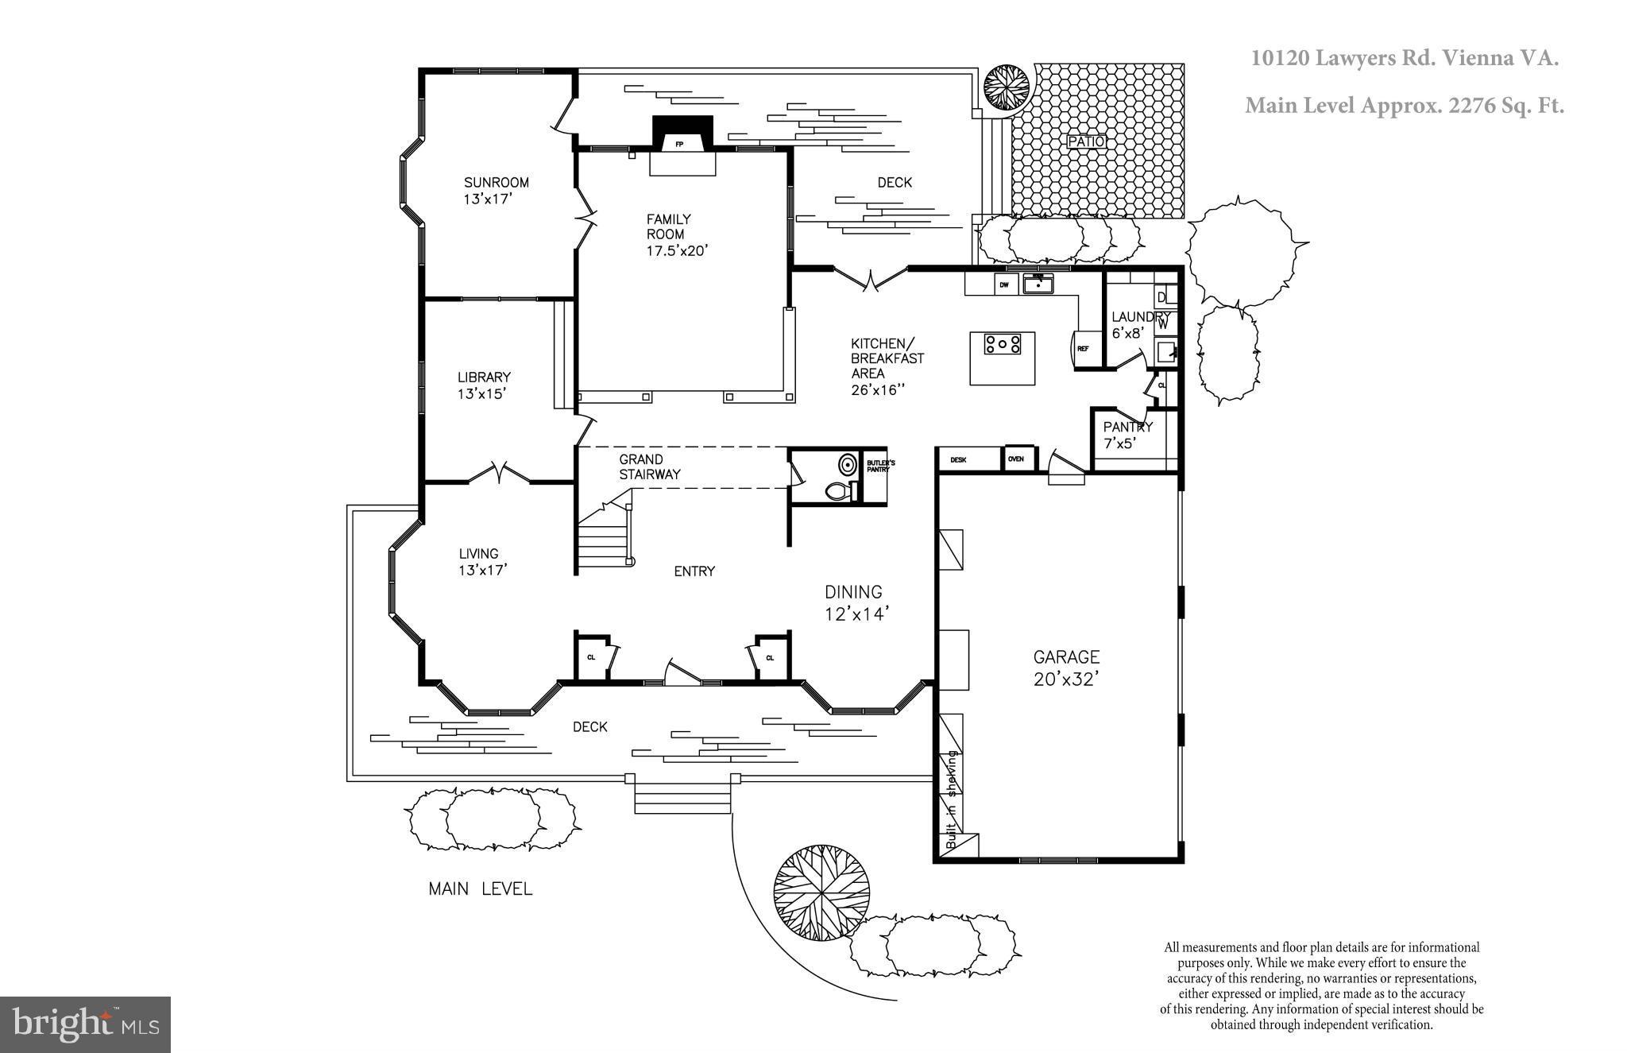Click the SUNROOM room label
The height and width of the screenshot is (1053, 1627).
[x=496, y=190]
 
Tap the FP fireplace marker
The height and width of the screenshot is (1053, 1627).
[x=678, y=145]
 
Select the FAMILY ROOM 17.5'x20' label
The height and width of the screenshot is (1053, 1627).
[x=675, y=234]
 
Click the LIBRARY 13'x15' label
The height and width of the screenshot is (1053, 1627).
[x=483, y=385]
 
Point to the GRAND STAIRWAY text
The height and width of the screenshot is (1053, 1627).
[x=649, y=466]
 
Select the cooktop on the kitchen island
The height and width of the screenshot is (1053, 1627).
[x=1002, y=344]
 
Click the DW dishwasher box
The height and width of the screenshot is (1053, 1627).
[x=1004, y=284]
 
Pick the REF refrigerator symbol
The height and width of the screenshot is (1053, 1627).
[x=1082, y=348]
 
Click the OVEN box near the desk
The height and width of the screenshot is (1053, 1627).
[x=1016, y=459]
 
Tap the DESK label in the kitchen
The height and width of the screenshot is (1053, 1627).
[x=958, y=459]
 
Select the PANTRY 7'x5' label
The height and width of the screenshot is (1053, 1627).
[x=1127, y=435]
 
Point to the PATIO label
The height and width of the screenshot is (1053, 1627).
[x=1085, y=141]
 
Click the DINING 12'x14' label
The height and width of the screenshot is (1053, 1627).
[x=854, y=602]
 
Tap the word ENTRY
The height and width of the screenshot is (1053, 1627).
[x=694, y=571]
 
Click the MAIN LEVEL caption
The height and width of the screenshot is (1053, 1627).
[x=480, y=888]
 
